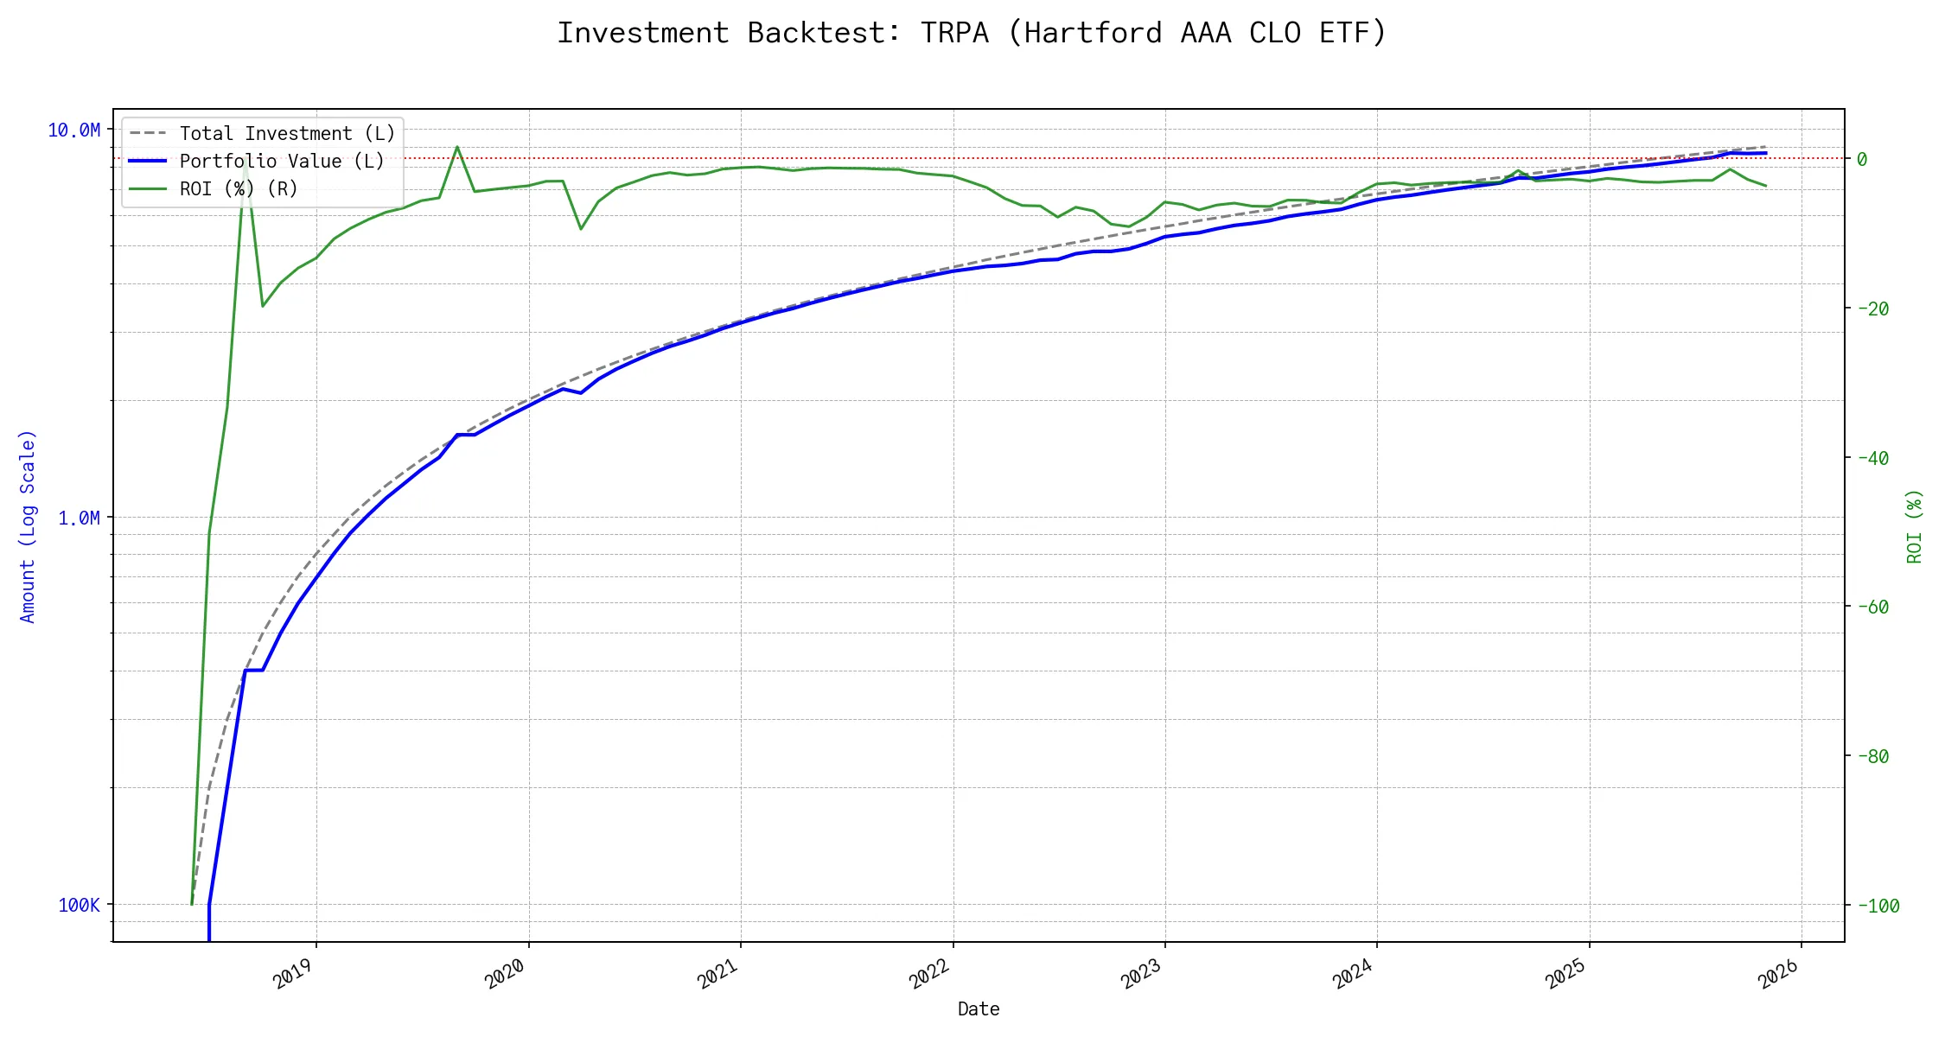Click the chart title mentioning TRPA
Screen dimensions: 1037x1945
click(x=972, y=33)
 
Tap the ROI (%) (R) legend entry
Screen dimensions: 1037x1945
click(x=239, y=188)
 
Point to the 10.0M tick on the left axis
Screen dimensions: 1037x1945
click(x=74, y=130)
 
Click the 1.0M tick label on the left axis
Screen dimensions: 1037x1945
click(x=80, y=518)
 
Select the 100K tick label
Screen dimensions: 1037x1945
click(x=80, y=905)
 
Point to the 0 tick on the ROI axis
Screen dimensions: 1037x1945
click(x=1862, y=159)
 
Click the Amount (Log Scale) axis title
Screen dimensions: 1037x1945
click(x=28, y=526)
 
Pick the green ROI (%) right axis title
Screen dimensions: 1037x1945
click(x=1914, y=526)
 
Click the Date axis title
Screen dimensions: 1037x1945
click(x=979, y=1008)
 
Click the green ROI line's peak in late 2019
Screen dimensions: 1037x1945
click(x=457, y=147)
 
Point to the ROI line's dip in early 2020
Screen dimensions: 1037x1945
click(x=581, y=229)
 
